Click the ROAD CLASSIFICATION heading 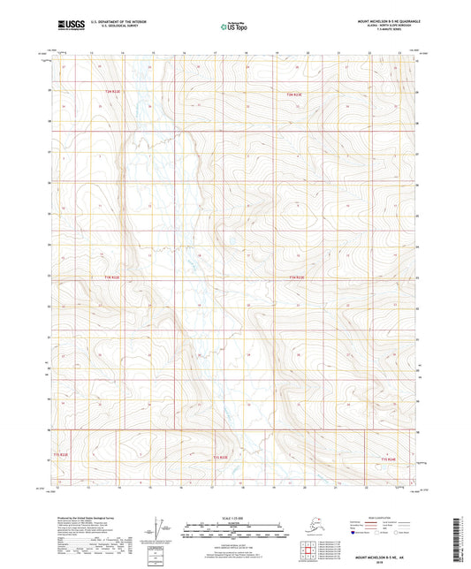pyautogui.click(x=395, y=514)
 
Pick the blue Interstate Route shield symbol pyautogui.click(x=358, y=534)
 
